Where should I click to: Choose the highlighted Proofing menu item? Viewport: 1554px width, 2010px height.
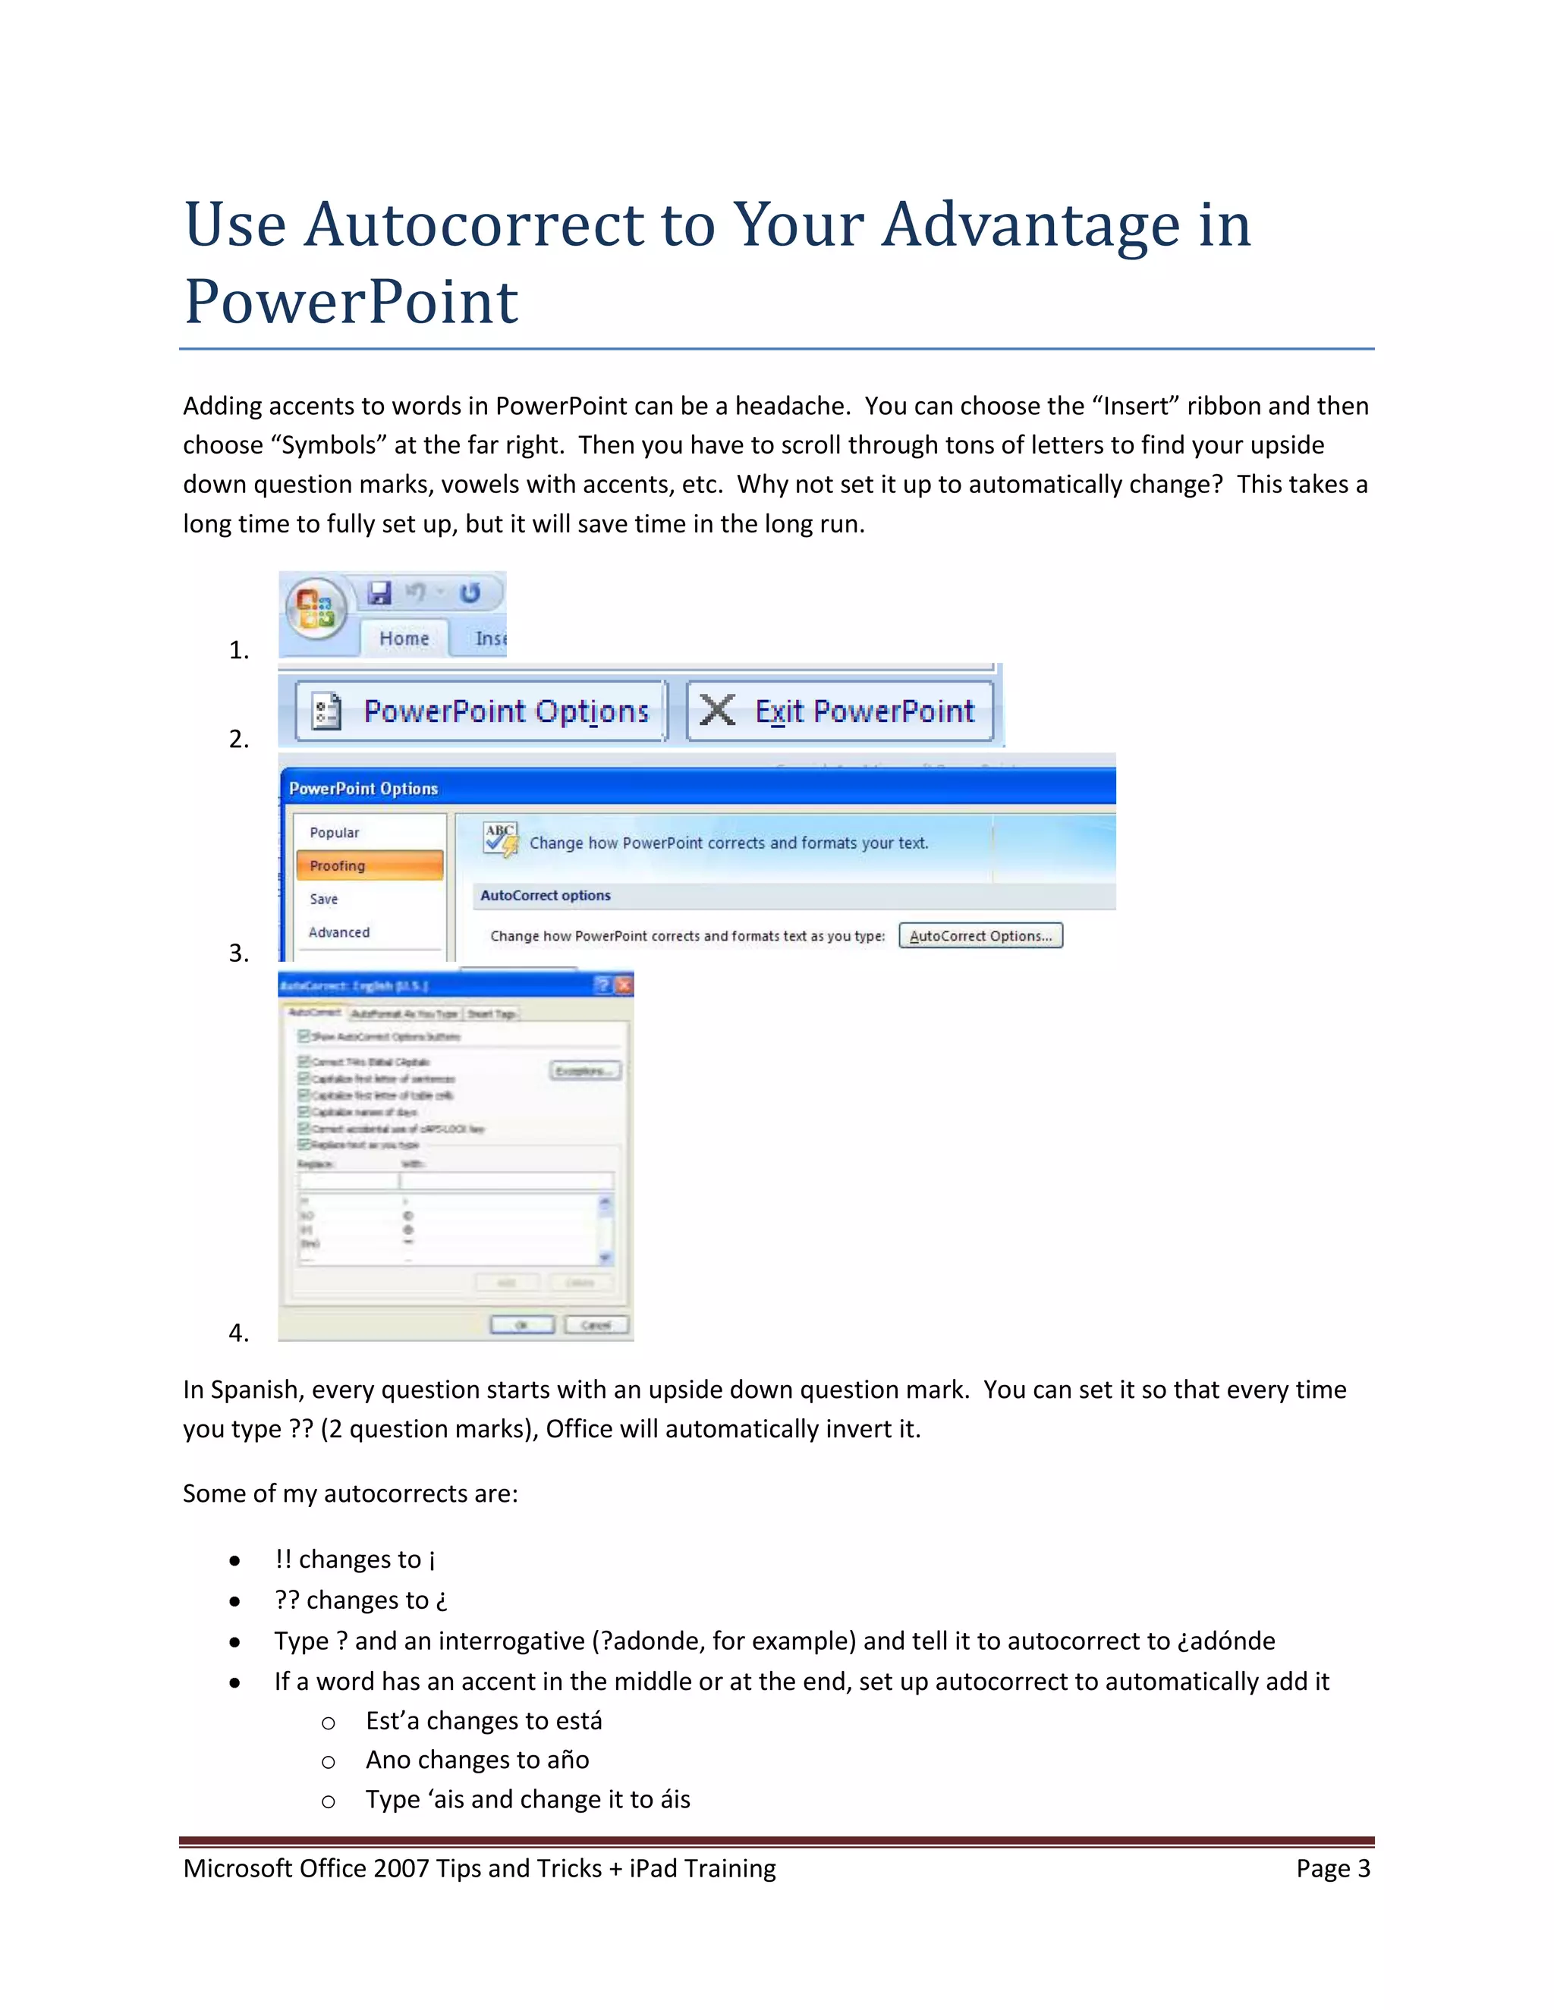(x=370, y=865)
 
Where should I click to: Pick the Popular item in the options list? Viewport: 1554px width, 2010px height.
(x=334, y=832)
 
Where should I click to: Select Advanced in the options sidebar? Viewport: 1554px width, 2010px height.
(x=338, y=932)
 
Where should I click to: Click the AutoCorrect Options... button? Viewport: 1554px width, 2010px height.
(x=980, y=936)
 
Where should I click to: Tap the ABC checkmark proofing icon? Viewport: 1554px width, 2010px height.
(x=501, y=838)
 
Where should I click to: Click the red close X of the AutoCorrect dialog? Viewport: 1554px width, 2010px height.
(x=624, y=986)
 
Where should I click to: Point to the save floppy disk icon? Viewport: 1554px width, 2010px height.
(x=379, y=592)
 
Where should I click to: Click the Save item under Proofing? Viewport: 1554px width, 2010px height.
(x=324, y=899)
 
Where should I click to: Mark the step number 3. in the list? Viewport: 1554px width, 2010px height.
(x=238, y=953)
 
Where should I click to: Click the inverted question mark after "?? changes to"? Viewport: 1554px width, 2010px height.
(x=442, y=1601)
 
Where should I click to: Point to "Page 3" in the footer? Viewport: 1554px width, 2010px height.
(x=1332, y=1868)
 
